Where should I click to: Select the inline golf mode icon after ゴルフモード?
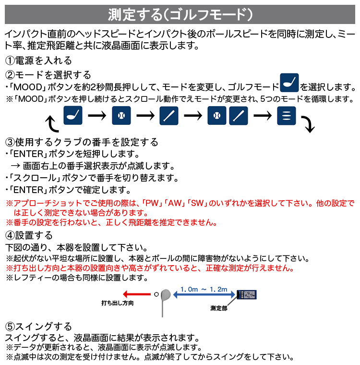pos(289,82)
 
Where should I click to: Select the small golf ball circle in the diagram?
pos(156,295)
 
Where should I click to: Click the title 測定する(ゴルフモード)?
pos(180,14)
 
